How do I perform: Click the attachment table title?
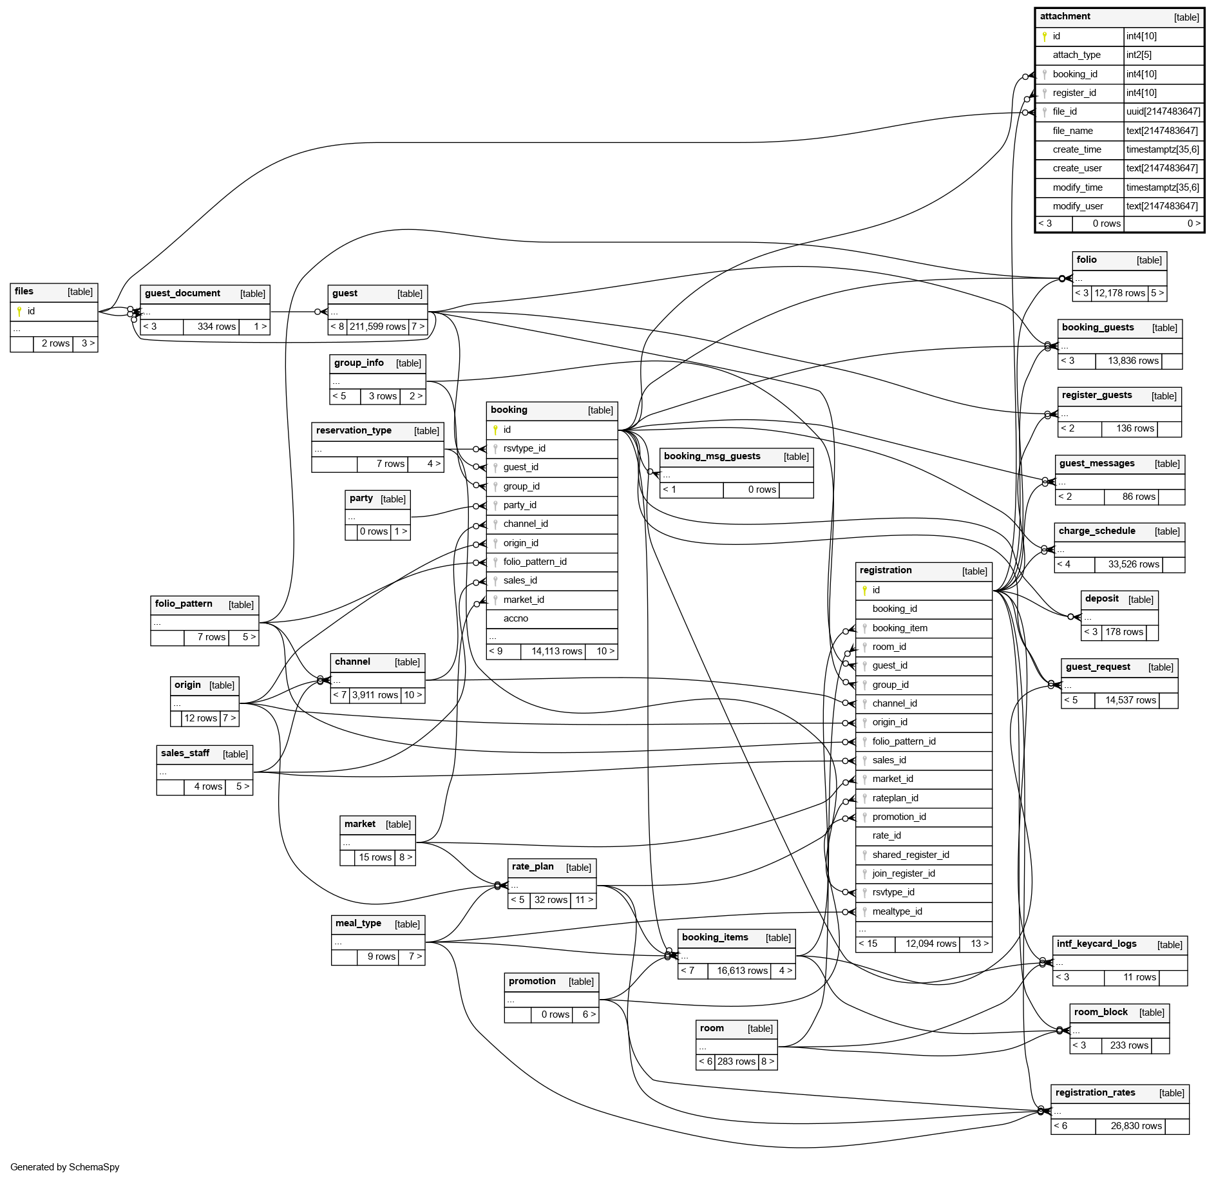1065,17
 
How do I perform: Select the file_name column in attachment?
1072,131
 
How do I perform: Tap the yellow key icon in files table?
19,312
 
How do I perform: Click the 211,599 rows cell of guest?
377,327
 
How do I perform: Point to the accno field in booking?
515,618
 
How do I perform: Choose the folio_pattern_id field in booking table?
535,562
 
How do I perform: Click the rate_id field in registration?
886,835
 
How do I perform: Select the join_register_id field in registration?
904,873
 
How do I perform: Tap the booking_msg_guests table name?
712,457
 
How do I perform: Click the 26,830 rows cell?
1136,1126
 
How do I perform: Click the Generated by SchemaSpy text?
65,1167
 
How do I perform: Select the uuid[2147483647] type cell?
1163,111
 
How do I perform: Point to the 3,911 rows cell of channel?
375,695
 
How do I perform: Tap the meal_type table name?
358,924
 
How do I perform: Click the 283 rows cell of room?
736,1061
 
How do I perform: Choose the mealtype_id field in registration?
897,911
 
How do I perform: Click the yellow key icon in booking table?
495,430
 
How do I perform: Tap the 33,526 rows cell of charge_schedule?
1134,564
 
